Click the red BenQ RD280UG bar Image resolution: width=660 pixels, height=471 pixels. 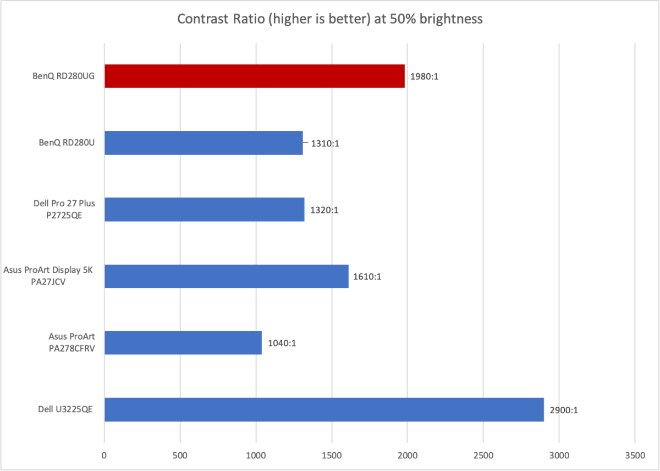pyautogui.click(x=254, y=76)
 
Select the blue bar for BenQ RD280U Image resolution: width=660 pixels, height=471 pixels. pyautogui.click(x=204, y=143)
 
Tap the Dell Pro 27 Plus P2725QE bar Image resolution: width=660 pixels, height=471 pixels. pyautogui.click(x=204, y=209)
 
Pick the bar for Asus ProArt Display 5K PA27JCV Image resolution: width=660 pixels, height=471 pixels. pyautogui.click(x=226, y=276)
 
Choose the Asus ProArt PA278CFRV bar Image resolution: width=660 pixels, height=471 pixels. pyautogui.click(x=183, y=342)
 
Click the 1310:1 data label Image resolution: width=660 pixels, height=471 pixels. pyautogui.click(x=322, y=143)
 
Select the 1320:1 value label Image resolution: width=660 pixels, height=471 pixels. pyautogui.click(x=324, y=210)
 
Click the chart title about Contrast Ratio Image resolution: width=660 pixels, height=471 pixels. pyautogui.click(x=330, y=19)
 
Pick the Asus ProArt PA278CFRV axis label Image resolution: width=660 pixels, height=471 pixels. pyautogui.click(x=69, y=342)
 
